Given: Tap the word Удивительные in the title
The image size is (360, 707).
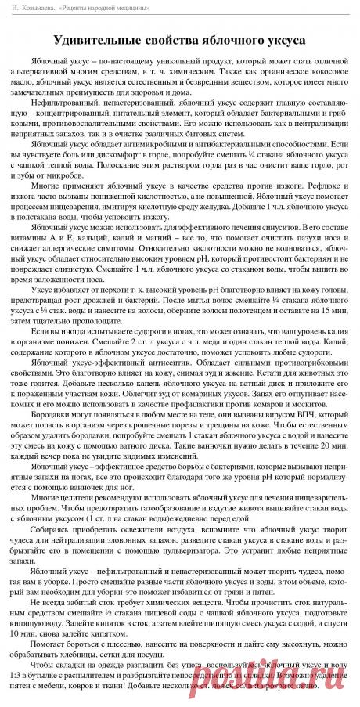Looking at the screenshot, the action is [x=98, y=39].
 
